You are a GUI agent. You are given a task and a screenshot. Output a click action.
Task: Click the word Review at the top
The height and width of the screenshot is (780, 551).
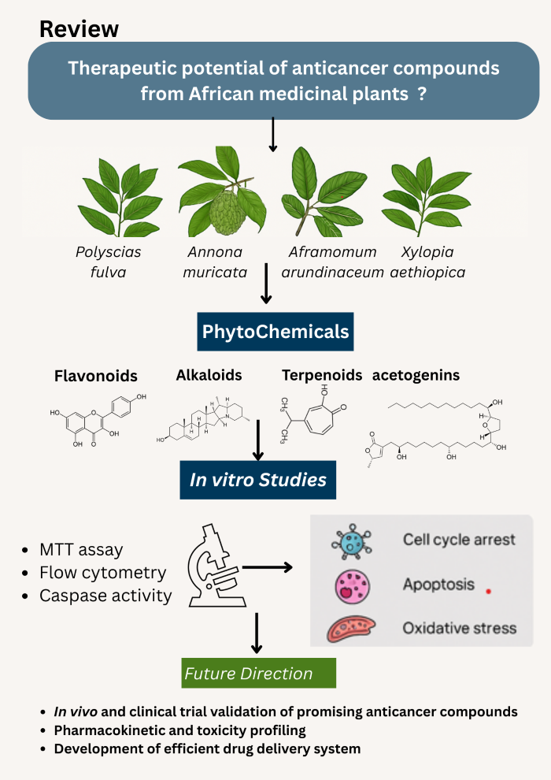click(x=79, y=29)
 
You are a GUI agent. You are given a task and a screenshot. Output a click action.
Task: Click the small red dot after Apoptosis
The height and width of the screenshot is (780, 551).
click(x=489, y=590)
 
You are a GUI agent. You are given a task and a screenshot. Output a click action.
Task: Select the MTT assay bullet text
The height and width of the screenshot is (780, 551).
click(x=81, y=549)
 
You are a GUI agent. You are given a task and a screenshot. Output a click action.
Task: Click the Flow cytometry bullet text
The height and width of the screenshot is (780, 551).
click(x=102, y=572)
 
